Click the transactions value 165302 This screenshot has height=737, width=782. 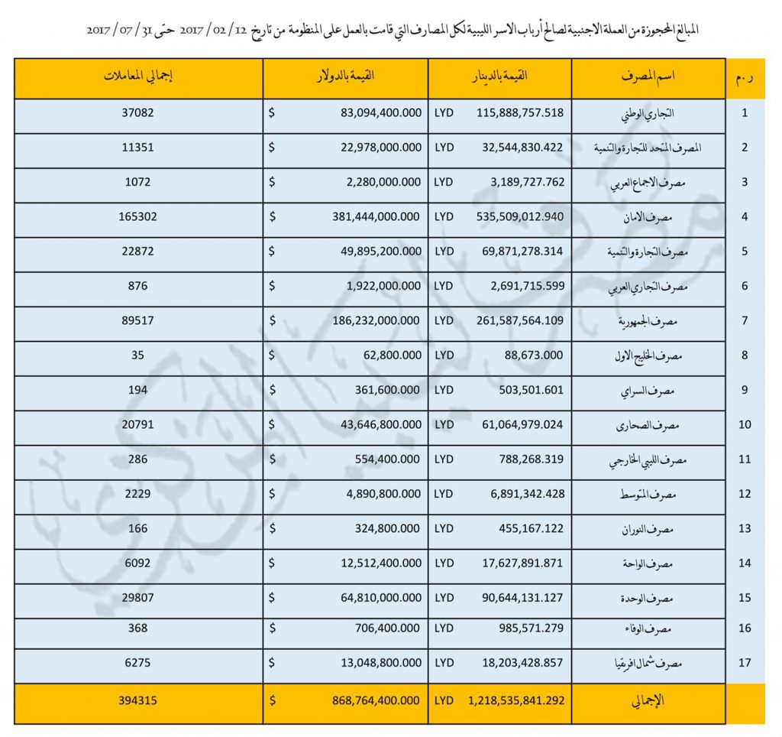coord(138,216)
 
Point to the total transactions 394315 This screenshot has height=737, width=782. coord(138,700)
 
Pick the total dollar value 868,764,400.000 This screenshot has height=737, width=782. coord(369,700)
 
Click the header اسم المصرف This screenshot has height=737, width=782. coord(648,77)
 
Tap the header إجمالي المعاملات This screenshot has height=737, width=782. coord(138,77)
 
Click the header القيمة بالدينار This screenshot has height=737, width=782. coord(500,77)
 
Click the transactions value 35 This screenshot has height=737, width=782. coord(138,355)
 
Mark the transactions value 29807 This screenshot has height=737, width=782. coord(138,598)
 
